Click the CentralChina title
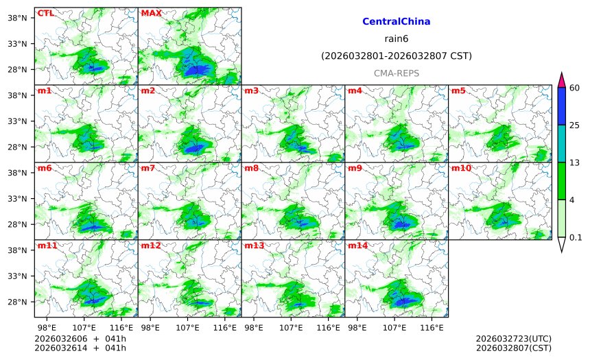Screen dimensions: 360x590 tap(397, 22)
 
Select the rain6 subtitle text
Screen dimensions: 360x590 tap(397, 39)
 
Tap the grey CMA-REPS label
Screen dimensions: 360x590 tap(397, 73)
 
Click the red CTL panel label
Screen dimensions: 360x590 tap(46, 13)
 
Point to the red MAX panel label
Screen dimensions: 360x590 tap(151, 13)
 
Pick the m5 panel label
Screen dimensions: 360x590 tap(458, 91)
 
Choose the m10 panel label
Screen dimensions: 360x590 tap(461, 168)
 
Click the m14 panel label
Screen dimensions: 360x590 tap(357, 245)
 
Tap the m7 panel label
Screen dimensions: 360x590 tap(148, 168)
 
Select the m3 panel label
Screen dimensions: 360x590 tap(252, 91)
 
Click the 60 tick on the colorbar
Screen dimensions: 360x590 tap(575, 87)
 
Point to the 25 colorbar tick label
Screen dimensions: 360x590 tap(575, 125)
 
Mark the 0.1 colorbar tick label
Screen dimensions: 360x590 tap(576, 238)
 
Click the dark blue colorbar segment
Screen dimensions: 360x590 tap(562, 106)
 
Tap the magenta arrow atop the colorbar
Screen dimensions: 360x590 tap(562, 80)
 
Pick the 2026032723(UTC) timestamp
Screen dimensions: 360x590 tap(513, 339)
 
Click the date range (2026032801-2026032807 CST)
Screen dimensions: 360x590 tap(397, 56)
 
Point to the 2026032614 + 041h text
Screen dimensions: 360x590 tap(69, 348)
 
